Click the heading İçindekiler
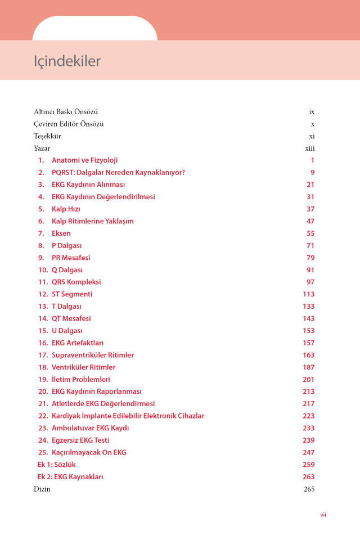67,61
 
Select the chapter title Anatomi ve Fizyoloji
84,160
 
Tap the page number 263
308,477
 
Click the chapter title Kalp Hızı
66,209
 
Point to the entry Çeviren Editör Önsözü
69,124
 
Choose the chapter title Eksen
61,233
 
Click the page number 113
308,294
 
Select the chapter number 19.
43,380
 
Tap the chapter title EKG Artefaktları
78,343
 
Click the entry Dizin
42,489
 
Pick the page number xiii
309,148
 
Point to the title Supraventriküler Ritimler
93,355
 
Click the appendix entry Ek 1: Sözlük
56,465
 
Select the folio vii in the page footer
323,515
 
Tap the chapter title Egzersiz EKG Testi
80,440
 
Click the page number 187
308,367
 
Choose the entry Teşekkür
47,136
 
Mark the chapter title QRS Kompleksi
76,282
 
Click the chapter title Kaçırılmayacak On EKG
89,453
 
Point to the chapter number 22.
43,416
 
